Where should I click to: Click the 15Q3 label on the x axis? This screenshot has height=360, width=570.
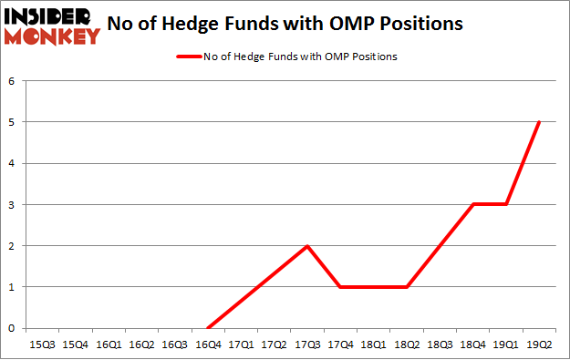(43, 345)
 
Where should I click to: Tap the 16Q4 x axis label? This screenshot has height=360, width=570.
(208, 345)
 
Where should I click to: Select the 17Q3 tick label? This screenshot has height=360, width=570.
(307, 345)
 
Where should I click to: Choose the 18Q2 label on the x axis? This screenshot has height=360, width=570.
(407, 345)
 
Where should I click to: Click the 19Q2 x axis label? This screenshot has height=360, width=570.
(539, 345)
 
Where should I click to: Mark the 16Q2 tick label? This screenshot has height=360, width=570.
(142, 345)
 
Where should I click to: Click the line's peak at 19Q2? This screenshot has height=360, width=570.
(539, 122)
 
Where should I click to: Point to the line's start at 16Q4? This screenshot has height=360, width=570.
(208, 328)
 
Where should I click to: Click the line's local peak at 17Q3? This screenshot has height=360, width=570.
(307, 246)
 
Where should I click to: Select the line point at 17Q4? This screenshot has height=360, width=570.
(340, 287)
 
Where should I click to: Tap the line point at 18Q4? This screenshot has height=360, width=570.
(472, 204)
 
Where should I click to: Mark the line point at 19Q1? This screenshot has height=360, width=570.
(506, 204)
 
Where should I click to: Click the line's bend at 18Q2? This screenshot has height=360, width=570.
(407, 287)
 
